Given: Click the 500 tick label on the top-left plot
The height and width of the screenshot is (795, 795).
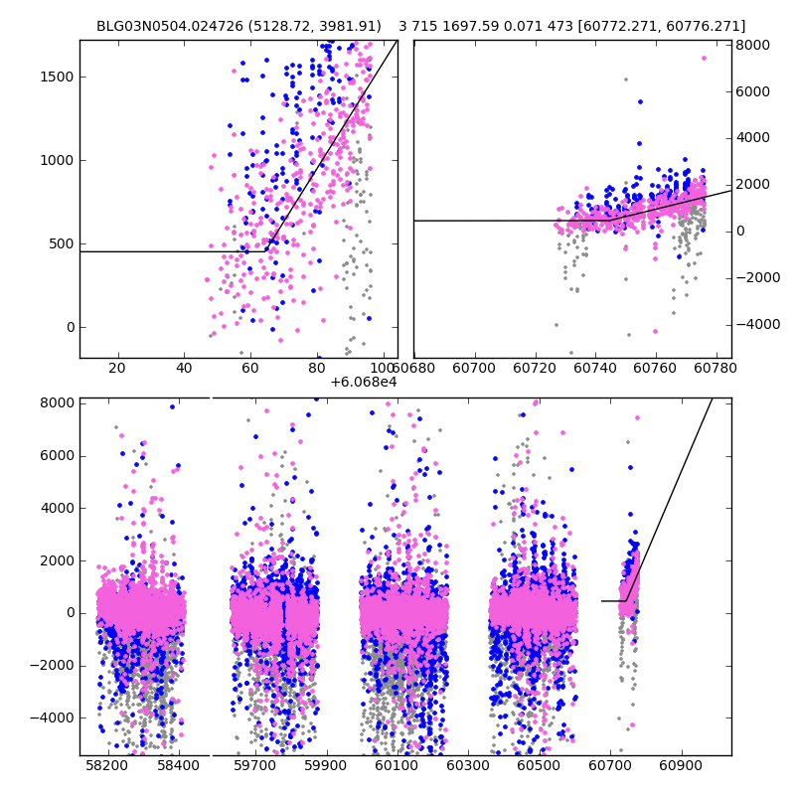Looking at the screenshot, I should pyautogui.click(x=62, y=243).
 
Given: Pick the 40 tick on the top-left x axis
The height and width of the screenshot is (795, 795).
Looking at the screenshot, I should pyautogui.click(x=184, y=368).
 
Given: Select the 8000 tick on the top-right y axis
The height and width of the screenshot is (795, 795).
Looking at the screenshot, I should pyautogui.click(x=750, y=45).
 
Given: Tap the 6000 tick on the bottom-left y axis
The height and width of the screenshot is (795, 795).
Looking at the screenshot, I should pyautogui.click(x=56, y=455).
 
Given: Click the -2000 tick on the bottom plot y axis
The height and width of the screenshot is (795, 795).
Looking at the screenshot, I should pyautogui.click(x=52, y=665).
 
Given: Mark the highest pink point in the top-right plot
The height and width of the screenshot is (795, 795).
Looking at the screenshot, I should pyautogui.click(x=704, y=58).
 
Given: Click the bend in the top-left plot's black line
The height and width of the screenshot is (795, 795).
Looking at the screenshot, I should pyautogui.click(x=266, y=251).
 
